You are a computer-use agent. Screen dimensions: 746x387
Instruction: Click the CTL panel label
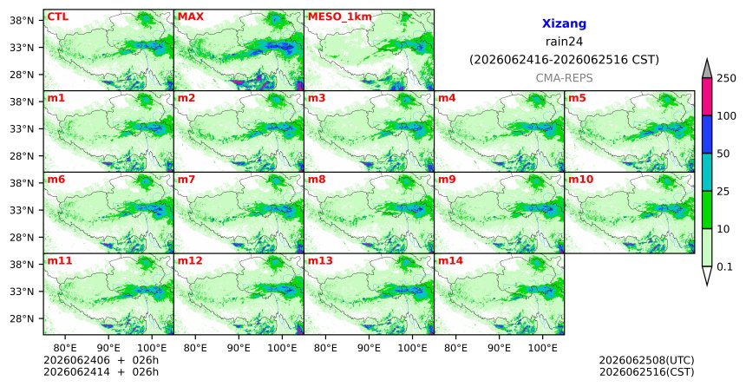point(57,16)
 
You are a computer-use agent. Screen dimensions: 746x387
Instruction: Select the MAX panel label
point(190,16)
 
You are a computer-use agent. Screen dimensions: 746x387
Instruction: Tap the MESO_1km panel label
point(340,17)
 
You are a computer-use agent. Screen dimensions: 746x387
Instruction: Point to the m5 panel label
point(577,98)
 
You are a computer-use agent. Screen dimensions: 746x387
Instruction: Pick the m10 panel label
point(580,180)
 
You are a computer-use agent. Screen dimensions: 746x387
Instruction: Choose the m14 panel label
point(450,261)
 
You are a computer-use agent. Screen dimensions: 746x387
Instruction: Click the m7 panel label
point(186,180)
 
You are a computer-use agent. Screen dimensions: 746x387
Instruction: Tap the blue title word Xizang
point(564,23)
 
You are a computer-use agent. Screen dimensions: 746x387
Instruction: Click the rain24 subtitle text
point(564,42)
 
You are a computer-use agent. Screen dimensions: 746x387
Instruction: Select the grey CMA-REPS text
point(564,78)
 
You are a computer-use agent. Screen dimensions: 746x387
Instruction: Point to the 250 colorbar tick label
point(726,78)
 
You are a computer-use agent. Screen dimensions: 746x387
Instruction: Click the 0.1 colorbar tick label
point(724,266)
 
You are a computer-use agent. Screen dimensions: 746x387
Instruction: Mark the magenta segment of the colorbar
point(707,96)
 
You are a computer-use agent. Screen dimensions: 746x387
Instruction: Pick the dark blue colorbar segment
point(707,134)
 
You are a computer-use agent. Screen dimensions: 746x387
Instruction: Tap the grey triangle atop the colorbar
point(707,69)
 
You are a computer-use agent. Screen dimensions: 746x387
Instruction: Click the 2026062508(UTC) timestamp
point(646,360)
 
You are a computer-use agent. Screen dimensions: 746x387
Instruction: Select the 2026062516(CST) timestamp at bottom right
point(646,371)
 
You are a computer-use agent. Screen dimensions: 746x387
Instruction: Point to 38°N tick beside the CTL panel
point(22,21)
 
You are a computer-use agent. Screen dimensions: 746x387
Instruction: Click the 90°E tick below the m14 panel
point(499,348)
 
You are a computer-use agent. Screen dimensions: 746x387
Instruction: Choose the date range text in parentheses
point(564,60)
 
